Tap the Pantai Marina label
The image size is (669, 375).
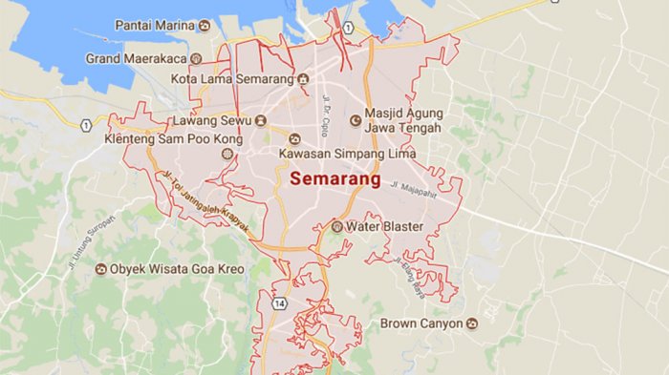pyautogui.click(x=154, y=24)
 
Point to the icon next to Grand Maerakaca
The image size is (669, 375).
pyautogui.click(x=195, y=58)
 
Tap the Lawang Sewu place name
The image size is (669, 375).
pyautogui.click(x=211, y=121)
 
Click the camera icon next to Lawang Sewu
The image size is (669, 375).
pyautogui.click(x=261, y=121)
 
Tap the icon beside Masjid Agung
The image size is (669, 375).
pyautogui.click(x=356, y=120)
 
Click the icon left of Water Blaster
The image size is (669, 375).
pyautogui.click(x=336, y=226)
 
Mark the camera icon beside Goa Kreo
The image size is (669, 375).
pyautogui.click(x=100, y=269)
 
